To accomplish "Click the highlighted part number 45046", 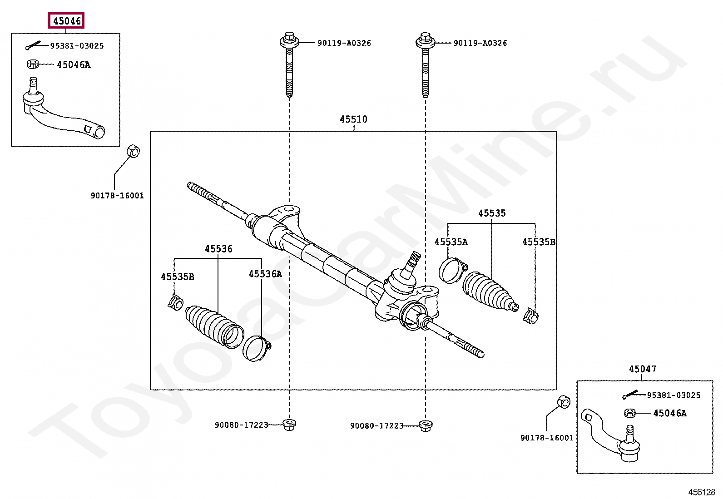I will click(66, 21).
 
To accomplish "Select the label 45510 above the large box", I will click(353, 119).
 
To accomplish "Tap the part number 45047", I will click(642, 369).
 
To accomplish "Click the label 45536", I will click(218, 249).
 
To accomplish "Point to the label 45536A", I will click(265, 274).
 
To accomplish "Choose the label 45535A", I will click(451, 242).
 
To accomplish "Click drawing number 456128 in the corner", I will click(701, 492).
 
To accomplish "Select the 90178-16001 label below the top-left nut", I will click(117, 196).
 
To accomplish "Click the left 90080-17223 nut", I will click(289, 425).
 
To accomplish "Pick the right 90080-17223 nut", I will click(425, 425).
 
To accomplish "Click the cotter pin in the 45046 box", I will click(33, 46).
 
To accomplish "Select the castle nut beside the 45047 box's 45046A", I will click(629, 413).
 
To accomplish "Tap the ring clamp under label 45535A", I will click(451, 270).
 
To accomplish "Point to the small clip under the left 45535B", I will click(175, 301).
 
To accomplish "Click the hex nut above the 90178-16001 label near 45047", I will click(563, 402).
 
